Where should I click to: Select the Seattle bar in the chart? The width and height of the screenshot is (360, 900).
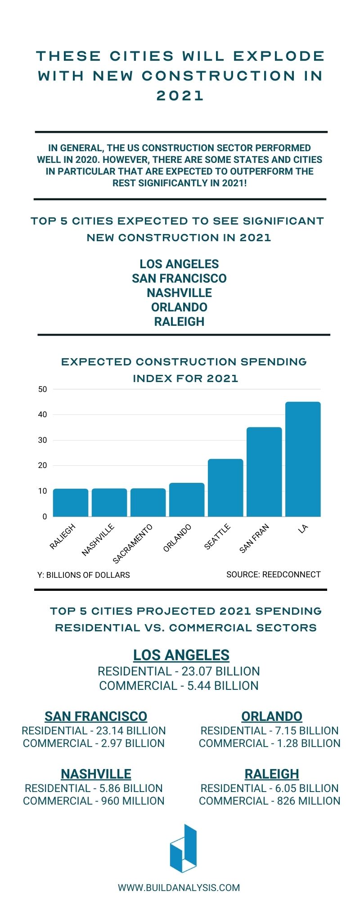pyautogui.click(x=225, y=488)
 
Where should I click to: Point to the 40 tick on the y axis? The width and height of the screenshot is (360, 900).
pyautogui.click(x=43, y=414)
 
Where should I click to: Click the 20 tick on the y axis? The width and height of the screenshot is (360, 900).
pyautogui.click(x=43, y=465)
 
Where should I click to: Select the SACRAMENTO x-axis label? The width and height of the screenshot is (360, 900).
pyautogui.click(x=133, y=544)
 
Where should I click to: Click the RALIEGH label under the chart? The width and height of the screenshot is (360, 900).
pyautogui.click(x=63, y=536)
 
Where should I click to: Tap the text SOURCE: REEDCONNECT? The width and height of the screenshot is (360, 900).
pyautogui.click(x=273, y=575)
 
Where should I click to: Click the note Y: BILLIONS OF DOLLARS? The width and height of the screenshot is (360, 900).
pyautogui.click(x=84, y=575)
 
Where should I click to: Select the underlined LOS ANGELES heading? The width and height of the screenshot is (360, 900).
pyautogui.click(x=181, y=655)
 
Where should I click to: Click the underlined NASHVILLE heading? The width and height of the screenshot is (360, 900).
pyautogui.click(x=96, y=774)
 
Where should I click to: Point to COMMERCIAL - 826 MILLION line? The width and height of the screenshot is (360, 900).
pyautogui.click(x=270, y=801)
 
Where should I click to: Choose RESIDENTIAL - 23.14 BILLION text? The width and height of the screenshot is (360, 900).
pyautogui.click(x=94, y=730)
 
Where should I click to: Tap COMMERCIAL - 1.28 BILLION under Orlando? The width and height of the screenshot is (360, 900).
pyautogui.click(x=270, y=743)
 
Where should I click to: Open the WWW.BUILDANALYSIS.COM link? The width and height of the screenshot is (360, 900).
pyautogui.click(x=179, y=887)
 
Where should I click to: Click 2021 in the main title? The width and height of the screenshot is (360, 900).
pyautogui.click(x=180, y=95)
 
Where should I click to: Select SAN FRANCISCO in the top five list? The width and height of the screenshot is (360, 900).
pyautogui.click(x=179, y=278)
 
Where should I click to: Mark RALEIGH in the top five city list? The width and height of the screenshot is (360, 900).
pyautogui.click(x=179, y=321)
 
